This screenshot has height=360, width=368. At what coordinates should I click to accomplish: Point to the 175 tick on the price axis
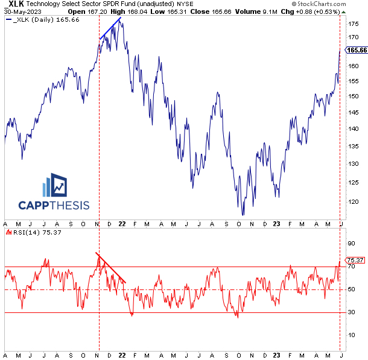point(351,24)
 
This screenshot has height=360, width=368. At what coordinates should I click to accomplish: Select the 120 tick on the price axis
point(351,201)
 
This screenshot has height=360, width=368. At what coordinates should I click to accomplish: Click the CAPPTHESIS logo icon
point(57,186)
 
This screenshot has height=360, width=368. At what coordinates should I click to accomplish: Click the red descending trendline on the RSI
point(111,268)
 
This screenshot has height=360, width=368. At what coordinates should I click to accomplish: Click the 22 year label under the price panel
point(121,224)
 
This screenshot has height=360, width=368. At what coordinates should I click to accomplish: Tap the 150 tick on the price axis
point(351,96)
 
